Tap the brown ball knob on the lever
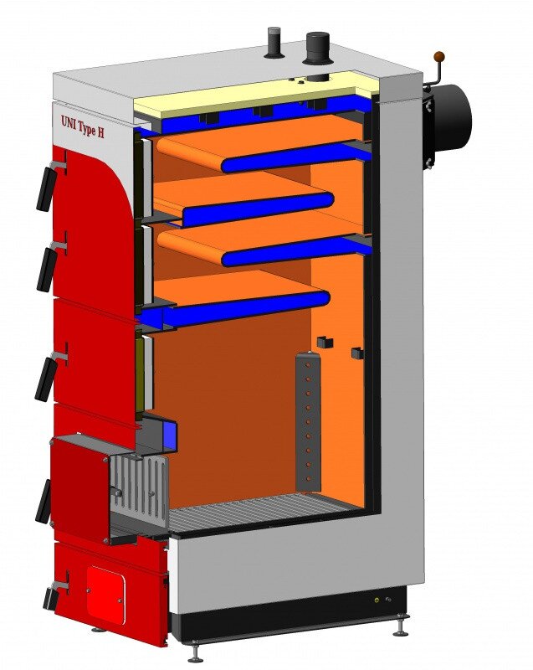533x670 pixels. [x=438, y=56]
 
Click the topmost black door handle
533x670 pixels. [x=47, y=187]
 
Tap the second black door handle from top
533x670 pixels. [x=47, y=269]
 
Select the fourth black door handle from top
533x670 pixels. [x=44, y=501]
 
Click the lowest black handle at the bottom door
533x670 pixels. [x=51, y=597]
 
